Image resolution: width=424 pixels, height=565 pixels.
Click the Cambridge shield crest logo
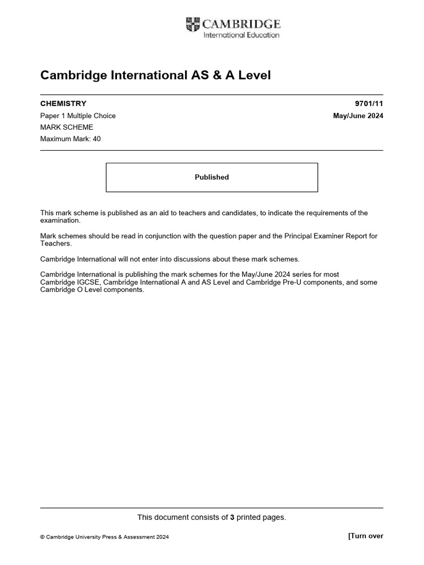pos(193,25)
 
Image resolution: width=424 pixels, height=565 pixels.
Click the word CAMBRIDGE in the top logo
pos(241,24)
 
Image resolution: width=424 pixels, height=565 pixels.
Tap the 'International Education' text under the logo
pos(241,35)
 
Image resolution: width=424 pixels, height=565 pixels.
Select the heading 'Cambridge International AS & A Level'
pos(156,75)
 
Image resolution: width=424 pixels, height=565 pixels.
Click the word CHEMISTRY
pos(63,104)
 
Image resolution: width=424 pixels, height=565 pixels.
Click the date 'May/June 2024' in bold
pos(358,116)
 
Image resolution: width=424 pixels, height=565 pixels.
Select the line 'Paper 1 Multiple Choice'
pos(78,116)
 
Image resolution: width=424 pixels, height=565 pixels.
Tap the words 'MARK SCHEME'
pos(67,127)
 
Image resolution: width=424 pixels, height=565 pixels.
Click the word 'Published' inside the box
pos(211,177)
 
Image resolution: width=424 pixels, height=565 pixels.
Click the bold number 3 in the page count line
pos(232,518)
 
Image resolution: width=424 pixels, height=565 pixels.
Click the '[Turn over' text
pos(365,536)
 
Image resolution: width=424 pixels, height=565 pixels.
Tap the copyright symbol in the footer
pos(43,537)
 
